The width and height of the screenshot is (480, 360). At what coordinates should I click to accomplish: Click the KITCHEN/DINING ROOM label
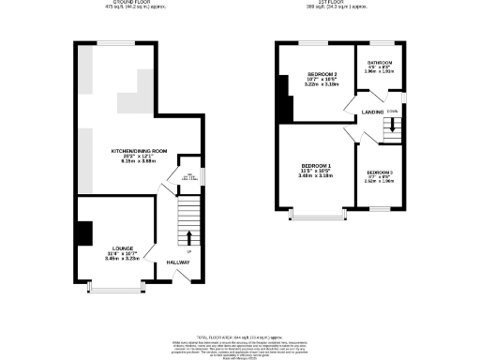pos(140,151)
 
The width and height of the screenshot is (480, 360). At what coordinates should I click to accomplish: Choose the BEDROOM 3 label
pos(380,172)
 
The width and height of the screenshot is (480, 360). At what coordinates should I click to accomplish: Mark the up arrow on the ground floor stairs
pos(189,235)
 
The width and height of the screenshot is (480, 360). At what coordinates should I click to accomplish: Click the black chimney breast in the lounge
pos(83,232)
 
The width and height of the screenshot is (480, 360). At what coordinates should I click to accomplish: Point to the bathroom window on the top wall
pos(380,42)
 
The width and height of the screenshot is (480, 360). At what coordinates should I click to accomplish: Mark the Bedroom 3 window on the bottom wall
pos(380,211)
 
